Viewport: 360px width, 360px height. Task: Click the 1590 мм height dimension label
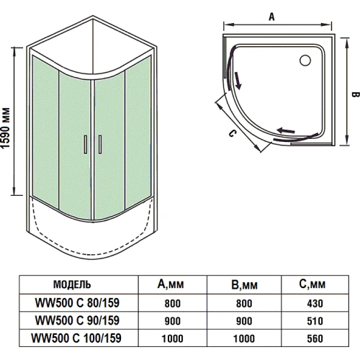click(x=6, y=128)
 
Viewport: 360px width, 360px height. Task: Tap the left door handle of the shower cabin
click(x=86, y=145)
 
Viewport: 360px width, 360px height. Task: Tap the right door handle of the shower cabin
click(x=100, y=145)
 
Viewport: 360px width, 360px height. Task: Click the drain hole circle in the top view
click(x=305, y=60)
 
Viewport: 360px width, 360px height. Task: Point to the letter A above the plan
click(x=271, y=17)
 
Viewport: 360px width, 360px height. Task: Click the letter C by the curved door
click(x=232, y=133)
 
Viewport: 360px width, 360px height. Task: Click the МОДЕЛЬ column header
click(x=72, y=284)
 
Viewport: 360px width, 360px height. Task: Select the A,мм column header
click(x=171, y=284)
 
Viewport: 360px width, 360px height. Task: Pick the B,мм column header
click(x=244, y=284)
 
